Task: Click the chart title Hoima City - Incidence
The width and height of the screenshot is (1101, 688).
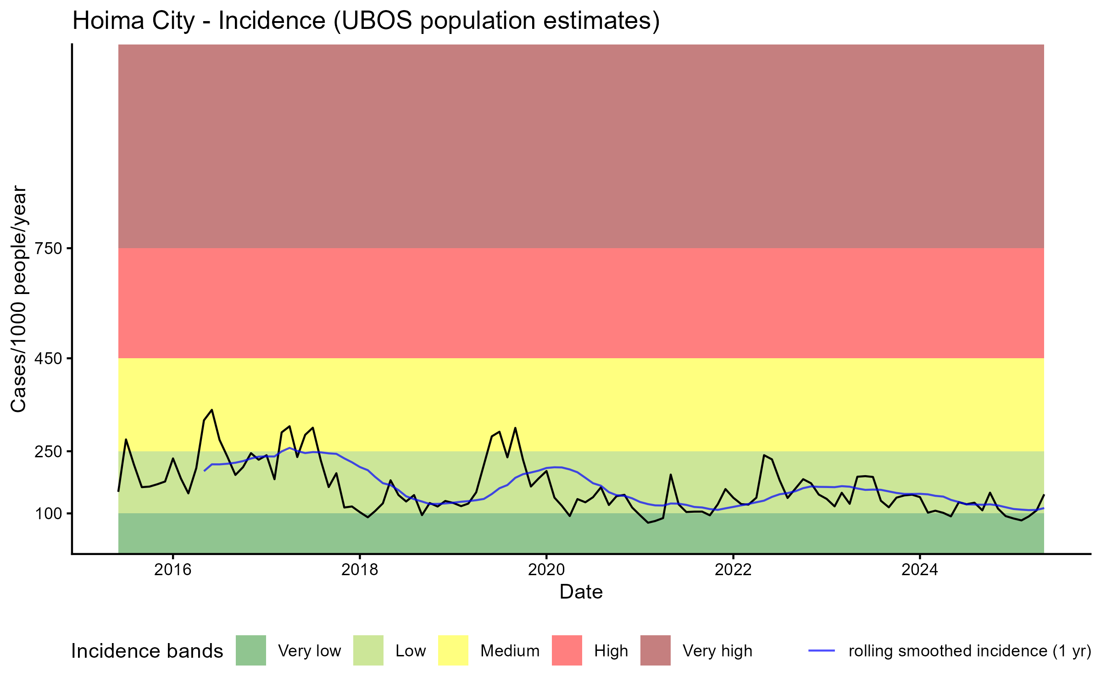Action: click(x=366, y=21)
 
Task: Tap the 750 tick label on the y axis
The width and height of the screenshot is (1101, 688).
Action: click(x=49, y=249)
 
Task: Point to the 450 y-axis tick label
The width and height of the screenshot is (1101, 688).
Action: click(x=49, y=359)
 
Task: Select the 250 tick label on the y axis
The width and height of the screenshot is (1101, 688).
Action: click(x=49, y=452)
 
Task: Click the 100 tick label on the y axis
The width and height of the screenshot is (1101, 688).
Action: click(x=49, y=514)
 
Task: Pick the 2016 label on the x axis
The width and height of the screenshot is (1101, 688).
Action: click(x=172, y=570)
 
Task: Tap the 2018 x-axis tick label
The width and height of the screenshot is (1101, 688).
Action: click(x=360, y=570)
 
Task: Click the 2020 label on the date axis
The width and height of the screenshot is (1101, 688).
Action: click(x=546, y=570)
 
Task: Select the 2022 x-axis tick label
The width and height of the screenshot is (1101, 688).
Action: click(x=733, y=570)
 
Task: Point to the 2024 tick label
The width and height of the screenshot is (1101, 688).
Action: click(x=920, y=570)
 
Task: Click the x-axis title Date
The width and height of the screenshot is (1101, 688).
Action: click(x=581, y=592)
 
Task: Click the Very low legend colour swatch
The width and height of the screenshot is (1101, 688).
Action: click(x=251, y=650)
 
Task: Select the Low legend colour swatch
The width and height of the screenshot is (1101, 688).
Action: click(x=368, y=650)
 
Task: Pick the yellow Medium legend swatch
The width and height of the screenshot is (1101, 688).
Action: click(x=453, y=650)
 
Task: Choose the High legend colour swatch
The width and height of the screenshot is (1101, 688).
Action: click(x=567, y=650)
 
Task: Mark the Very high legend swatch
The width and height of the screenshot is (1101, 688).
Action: click(x=655, y=650)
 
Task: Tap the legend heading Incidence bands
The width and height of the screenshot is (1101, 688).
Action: click(x=147, y=651)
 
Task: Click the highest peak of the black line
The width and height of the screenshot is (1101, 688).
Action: click(x=212, y=410)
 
